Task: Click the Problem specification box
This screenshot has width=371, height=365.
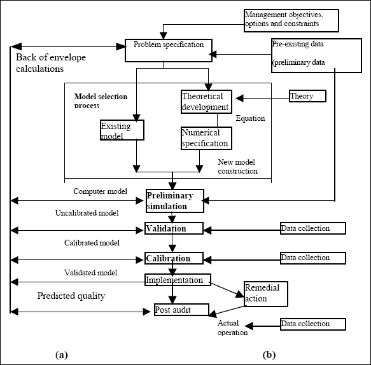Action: [x=169, y=51]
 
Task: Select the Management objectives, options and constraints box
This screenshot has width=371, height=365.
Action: [x=291, y=20]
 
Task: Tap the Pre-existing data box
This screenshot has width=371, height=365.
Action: [x=316, y=55]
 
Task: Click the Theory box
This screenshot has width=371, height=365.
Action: [x=307, y=96]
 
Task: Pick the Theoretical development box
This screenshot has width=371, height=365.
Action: [x=206, y=102]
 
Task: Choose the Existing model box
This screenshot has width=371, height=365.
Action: [x=122, y=130]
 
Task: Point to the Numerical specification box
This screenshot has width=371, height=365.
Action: [x=206, y=138]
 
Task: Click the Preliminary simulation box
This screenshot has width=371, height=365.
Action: [x=175, y=201]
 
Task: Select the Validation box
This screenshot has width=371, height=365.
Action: [x=174, y=228]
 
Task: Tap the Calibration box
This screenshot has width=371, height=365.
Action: [x=174, y=258]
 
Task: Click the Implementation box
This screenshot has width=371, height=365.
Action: [x=178, y=280]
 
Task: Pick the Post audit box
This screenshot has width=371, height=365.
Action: [x=182, y=310]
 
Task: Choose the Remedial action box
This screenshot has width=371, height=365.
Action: [x=266, y=294]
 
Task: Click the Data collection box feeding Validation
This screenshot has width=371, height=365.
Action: [x=313, y=228]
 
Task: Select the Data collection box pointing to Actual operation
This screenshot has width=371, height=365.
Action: [x=313, y=324]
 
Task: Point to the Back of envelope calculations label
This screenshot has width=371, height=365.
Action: [x=51, y=63]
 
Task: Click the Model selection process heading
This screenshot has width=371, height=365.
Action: [x=101, y=100]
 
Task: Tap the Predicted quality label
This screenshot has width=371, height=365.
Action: [x=71, y=296]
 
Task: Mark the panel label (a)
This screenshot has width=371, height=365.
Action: [x=62, y=355]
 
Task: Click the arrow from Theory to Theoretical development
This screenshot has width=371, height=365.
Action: [x=263, y=98]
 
